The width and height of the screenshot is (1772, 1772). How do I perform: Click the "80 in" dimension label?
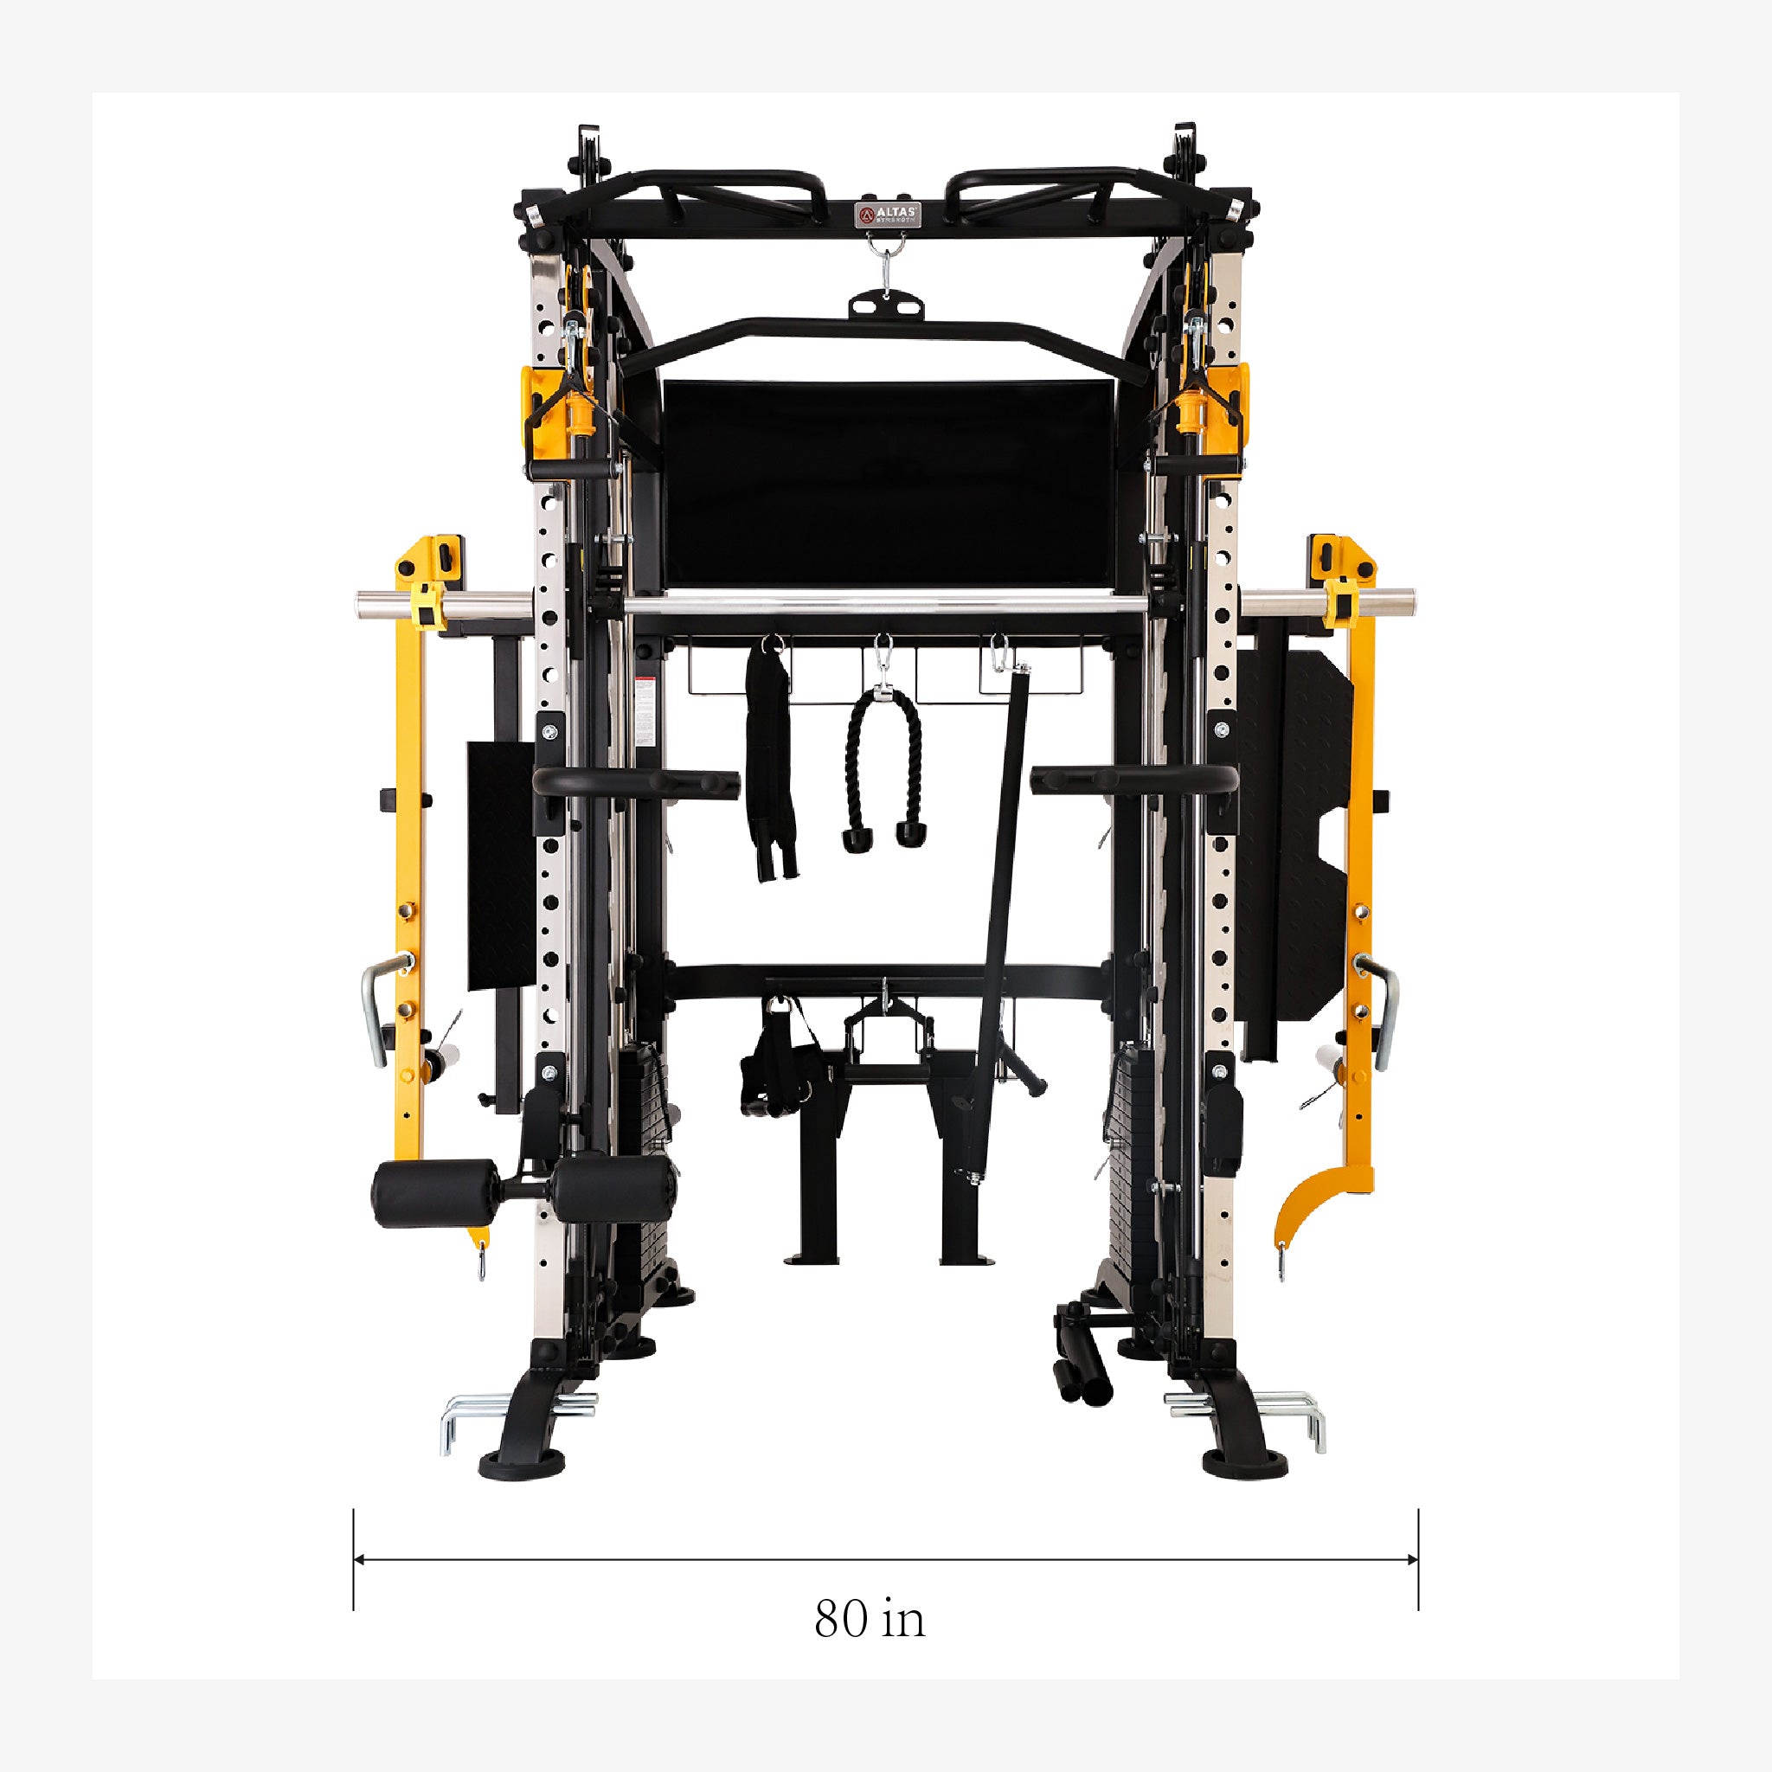[x=869, y=1645]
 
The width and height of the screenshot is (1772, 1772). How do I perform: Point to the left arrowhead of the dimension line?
[x=360, y=1584]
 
